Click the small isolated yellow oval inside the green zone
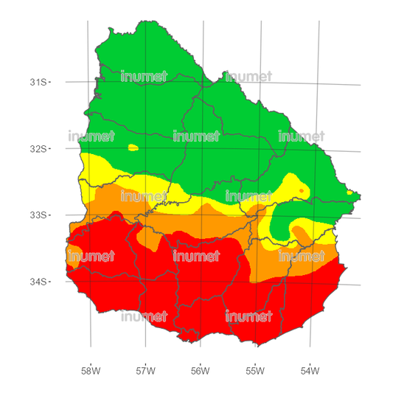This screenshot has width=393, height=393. (133, 147)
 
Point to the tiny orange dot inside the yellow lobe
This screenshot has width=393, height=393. (301, 191)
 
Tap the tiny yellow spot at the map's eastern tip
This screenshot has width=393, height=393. (349, 193)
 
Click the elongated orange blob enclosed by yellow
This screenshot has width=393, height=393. (300, 235)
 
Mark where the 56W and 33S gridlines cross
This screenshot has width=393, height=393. (199, 216)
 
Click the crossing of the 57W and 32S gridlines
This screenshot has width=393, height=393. (145, 149)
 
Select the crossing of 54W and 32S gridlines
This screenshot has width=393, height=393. (313, 151)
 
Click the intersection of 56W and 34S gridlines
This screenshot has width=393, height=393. (200, 282)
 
